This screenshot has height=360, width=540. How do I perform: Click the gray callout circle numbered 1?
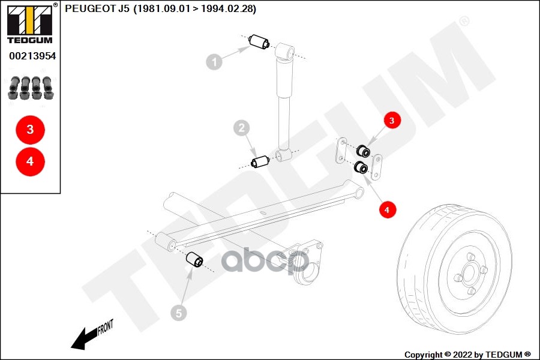[x=214, y=61]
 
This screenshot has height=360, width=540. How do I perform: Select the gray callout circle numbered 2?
[x=241, y=128]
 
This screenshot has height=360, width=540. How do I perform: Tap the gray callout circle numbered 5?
[x=178, y=312]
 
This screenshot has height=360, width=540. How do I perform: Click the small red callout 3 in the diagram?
[x=392, y=121]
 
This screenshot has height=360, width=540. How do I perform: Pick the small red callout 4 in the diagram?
[x=387, y=209]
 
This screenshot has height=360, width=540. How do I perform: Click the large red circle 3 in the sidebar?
[x=30, y=130]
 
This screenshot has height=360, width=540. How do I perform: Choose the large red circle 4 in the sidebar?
[x=30, y=161]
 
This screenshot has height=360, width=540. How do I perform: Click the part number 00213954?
[x=32, y=56]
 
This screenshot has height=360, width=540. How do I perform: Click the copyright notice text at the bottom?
[x=467, y=354]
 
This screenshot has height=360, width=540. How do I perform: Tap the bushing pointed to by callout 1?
[x=259, y=43]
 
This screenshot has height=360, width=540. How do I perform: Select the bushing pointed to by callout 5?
[x=196, y=260]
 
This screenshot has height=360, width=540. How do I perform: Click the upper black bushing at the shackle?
[x=362, y=150]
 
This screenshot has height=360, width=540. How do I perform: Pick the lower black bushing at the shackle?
[x=361, y=167]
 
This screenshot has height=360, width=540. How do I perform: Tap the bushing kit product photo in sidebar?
[x=30, y=88]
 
